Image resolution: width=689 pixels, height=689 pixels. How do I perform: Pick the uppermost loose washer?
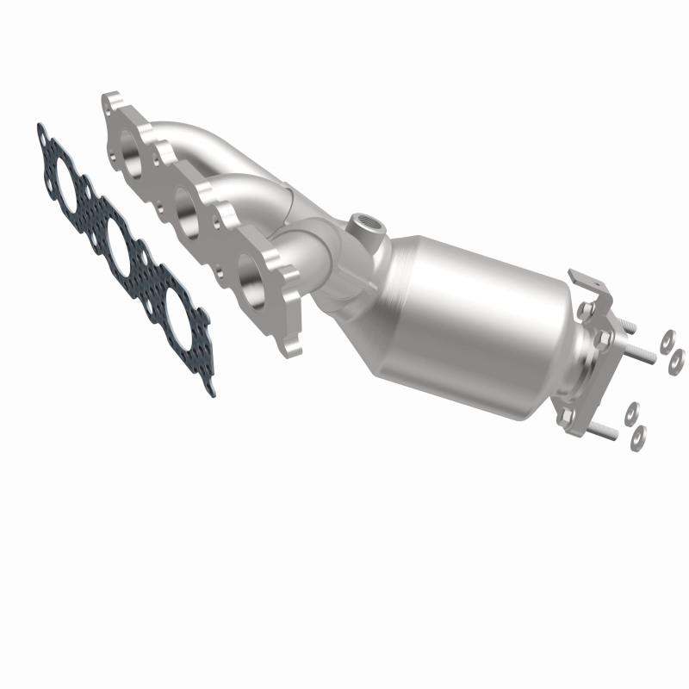pyautogui.click(x=667, y=341)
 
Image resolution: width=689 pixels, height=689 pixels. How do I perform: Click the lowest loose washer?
pyautogui.click(x=637, y=437)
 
